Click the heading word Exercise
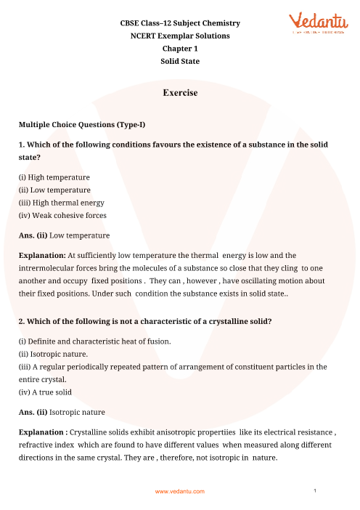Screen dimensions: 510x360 (180, 94)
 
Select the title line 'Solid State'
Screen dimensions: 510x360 (180, 61)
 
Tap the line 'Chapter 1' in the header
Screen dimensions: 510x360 (180, 49)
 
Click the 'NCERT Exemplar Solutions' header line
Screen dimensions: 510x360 (180, 36)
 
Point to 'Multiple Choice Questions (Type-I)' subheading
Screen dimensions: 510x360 (81, 125)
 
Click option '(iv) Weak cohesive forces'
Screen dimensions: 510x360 (62, 215)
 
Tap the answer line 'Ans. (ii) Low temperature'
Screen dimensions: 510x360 (65, 235)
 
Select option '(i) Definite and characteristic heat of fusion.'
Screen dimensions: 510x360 (96, 341)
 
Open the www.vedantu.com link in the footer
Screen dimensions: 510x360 (180, 492)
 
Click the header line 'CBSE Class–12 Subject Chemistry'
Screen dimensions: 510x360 (180, 24)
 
